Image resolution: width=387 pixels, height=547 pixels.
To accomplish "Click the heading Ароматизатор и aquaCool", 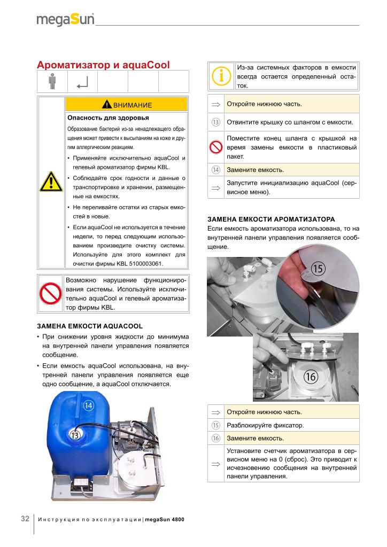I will pos(103,65).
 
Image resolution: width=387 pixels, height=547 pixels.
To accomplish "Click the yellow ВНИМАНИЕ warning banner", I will pos(126,104).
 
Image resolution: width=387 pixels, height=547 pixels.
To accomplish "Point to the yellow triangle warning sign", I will pos(51,183).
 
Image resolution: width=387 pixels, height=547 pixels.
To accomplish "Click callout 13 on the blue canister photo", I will pos(75,435).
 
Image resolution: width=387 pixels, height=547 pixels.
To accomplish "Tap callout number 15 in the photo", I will pos(318,268).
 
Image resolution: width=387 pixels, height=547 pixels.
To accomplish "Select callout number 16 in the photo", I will pos(311,376).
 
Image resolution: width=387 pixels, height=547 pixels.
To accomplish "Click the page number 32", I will pos(25,519).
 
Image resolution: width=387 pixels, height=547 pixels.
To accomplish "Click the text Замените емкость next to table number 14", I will pos(256,170).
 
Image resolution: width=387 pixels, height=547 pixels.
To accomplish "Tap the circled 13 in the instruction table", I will pos(216,122).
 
